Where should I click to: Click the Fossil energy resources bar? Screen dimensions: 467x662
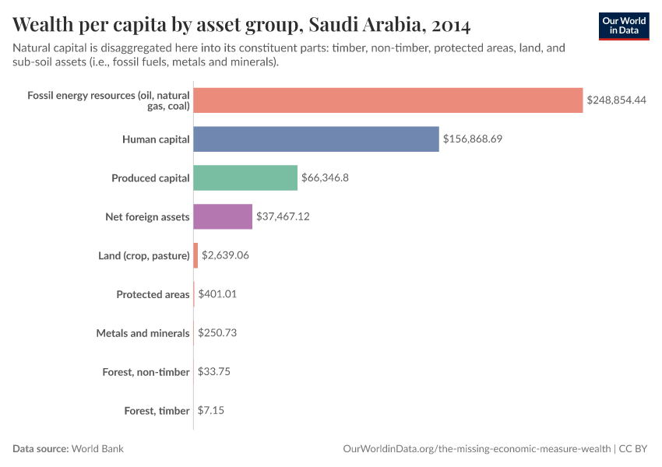pyautogui.click(x=388, y=100)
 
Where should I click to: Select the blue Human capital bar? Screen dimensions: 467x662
pyautogui.click(x=315, y=139)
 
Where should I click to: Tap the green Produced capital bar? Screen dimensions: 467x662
pyautogui.click(x=245, y=177)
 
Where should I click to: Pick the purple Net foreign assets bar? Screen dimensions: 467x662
pyautogui.click(x=223, y=216)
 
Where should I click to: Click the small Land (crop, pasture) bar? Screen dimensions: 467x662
pyautogui.click(x=195, y=255)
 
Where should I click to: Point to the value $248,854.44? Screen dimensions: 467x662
pyautogui.click(x=617, y=100)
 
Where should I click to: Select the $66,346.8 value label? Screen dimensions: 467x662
pyautogui.click(x=325, y=177)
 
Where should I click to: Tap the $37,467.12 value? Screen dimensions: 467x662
pyautogui.click(x=283, y=216)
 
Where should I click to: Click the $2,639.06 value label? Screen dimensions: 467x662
pyautogui.click(x=225, y=255)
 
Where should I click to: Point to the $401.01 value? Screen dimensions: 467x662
pyautogui.click(x=217, y=294)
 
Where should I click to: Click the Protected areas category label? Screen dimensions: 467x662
pyautogui.click(x=153, y=294)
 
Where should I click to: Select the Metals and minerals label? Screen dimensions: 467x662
pyautogui.click(x=143, y=333)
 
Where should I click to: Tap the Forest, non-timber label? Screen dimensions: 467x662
pyautogui.click(x=146, y=372)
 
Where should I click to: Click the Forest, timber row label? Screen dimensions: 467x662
pyautogui.click(x=157, y=410)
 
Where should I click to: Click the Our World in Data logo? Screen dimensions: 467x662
pyautogui.click(x=623, y=26)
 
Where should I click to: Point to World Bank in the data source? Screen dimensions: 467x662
pyautogui.click(x=98, y=449)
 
